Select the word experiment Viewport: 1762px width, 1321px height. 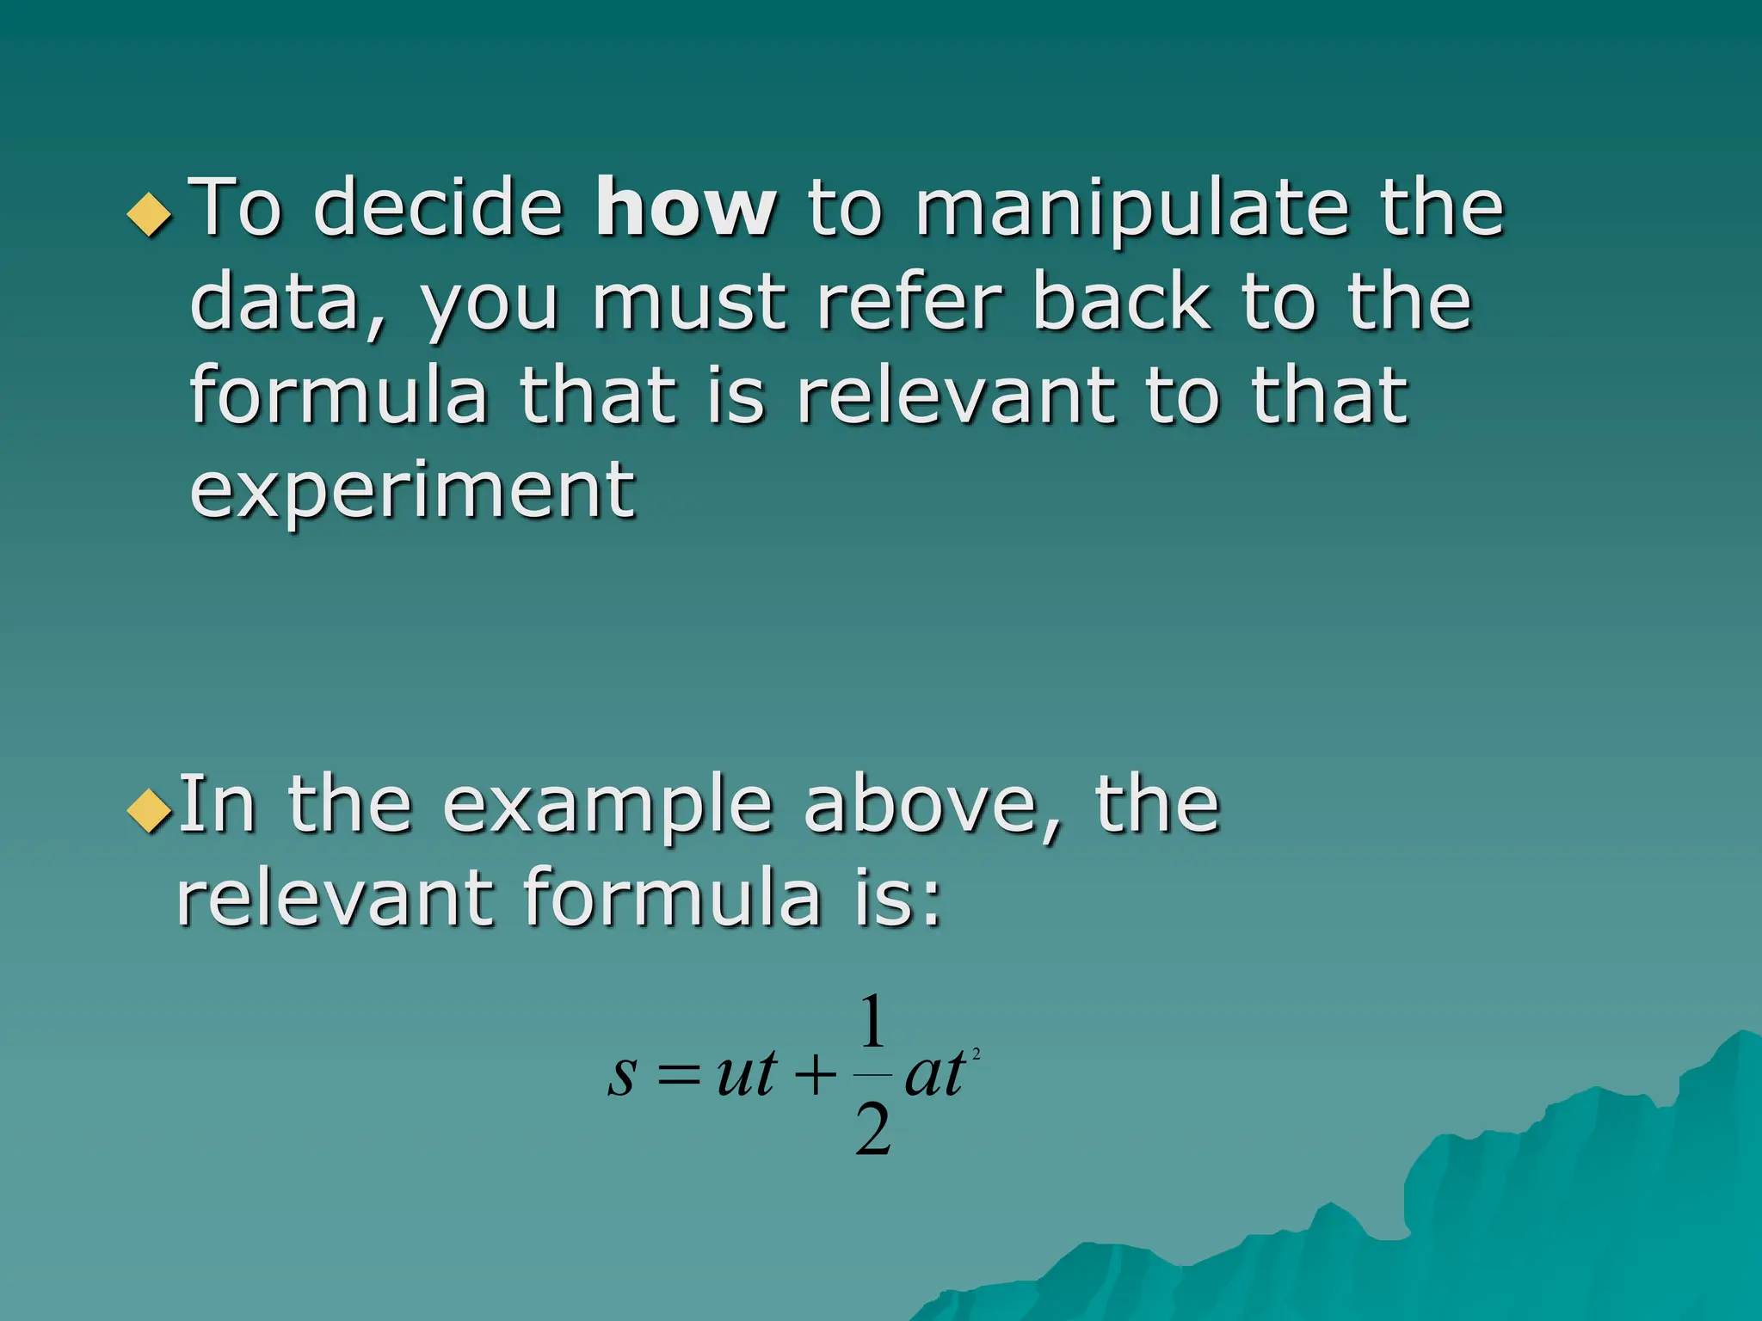(x=412, y=490)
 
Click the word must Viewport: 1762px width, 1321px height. (x=689, y=303)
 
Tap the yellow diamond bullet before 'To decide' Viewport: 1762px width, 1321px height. (x=149, y=214)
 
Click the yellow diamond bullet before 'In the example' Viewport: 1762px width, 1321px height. (x=149, y=810)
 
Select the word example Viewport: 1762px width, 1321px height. (x=607, y=807)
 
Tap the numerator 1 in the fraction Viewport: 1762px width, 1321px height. (x=872, y=1022)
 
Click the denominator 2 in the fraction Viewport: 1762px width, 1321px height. (x=873, y=1130)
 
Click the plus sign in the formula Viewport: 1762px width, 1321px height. (x=815, y=1075)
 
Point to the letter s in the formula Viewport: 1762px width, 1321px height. (x=621, y=1075)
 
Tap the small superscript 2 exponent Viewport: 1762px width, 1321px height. (x=976, y=1053)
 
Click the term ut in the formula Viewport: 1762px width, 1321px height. (x=747, y=1073)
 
